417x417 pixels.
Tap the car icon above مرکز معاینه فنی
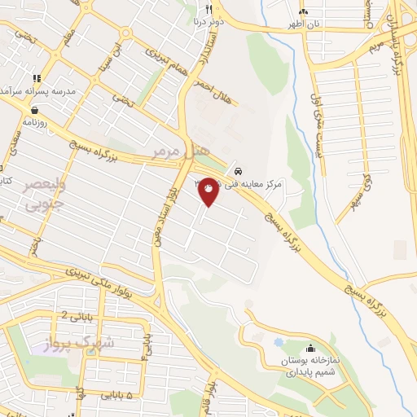point(237,173)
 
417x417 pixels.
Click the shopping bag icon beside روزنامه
point(36,108)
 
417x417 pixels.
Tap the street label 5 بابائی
point(116,394)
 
